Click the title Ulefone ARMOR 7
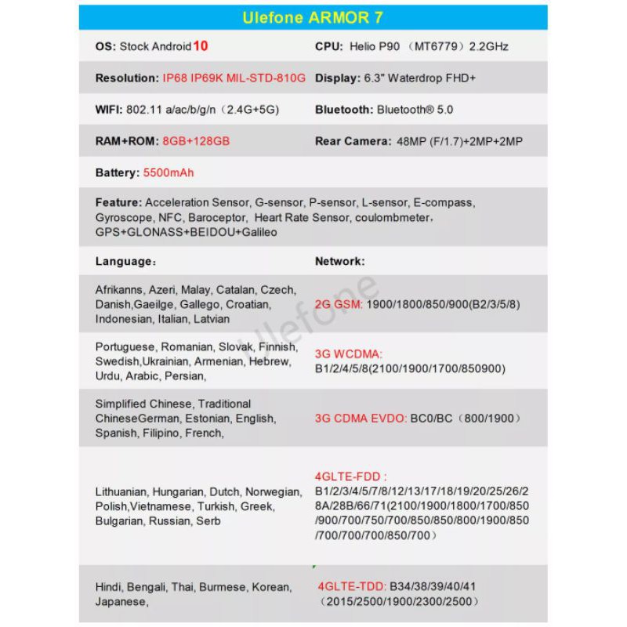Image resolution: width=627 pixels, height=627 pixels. [x=313, y=18]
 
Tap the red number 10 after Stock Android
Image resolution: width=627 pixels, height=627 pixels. [x=201, y=46]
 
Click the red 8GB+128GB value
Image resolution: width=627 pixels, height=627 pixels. [x=196, y=141]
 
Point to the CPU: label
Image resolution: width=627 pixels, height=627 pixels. [x=329, y=46]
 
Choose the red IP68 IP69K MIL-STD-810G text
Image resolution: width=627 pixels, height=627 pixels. [x=234, y=78]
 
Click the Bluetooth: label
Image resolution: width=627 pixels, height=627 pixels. [x=344, y=110]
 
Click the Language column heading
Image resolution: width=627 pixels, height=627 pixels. [x=122, y=261]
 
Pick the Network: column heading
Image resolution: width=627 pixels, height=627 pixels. [x=339, y=261]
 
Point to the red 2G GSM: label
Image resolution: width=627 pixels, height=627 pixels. [x=339, y=304]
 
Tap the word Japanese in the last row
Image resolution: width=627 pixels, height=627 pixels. [x=121, y=602]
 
